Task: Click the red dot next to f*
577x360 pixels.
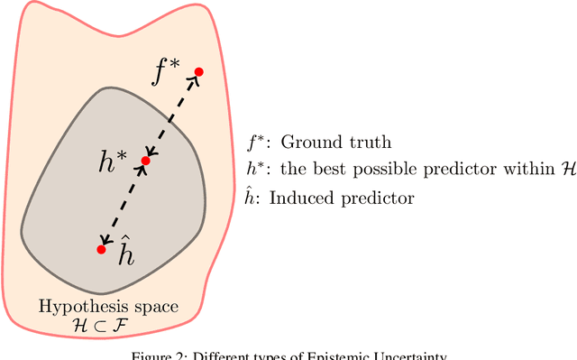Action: (x=198, y=71)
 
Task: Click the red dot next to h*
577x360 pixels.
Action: (x=145, y=162)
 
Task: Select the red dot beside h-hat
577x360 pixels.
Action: (x=101, y=249)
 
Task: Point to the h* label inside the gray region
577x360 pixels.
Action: (x=115, y=162)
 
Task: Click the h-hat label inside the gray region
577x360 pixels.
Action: (x=127, y=254)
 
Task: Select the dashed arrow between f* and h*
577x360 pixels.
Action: (x=172, y=116)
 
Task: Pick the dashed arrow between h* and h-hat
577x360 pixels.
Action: (x=124, y=205)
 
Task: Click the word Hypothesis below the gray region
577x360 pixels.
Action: (x=77, y=307)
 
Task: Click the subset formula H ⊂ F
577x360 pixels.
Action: (x=109, y=326)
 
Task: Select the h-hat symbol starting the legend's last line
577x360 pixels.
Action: (x=253, y=198)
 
